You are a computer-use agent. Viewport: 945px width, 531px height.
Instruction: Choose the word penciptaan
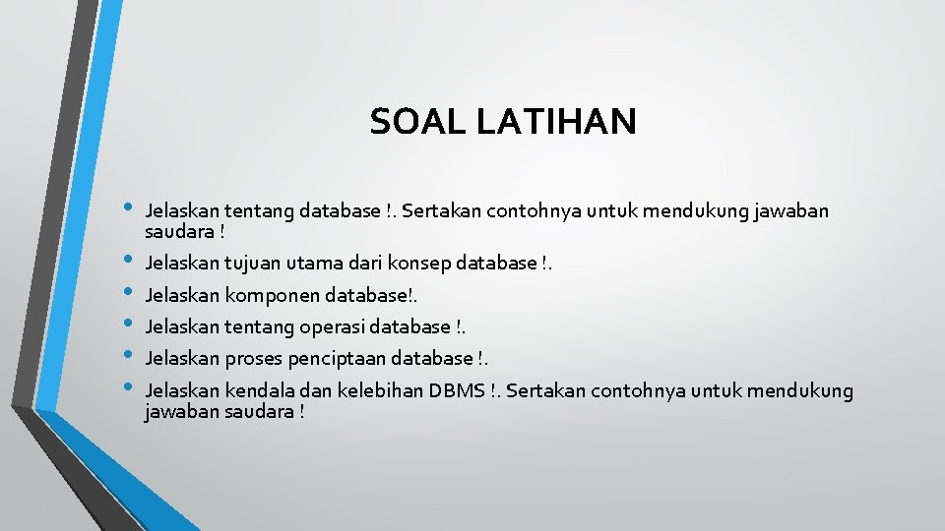point(333,358)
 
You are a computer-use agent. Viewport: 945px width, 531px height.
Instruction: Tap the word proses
point(253,358)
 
